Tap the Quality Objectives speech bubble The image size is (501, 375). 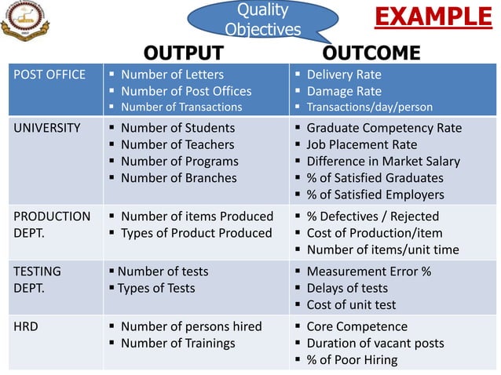[262, 20]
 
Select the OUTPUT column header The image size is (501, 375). [184, 53]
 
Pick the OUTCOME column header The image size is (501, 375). [371, 53]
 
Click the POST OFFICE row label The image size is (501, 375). [48, 75]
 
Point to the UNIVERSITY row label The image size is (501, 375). [47, 128]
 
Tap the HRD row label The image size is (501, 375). [26, 326]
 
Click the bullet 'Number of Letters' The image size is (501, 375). [172, 75]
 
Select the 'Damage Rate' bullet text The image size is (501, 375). [344, 91]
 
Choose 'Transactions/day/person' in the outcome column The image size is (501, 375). [369, 107]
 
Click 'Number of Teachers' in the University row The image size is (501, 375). [177, 144]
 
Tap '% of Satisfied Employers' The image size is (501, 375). [375, 195]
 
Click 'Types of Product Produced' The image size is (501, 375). [196, 233]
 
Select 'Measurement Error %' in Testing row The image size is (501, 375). [368, 271]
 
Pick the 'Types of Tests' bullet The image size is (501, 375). [156, 288]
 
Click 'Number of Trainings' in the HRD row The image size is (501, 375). [177, 343]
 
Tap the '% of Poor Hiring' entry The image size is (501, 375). [352, 360]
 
